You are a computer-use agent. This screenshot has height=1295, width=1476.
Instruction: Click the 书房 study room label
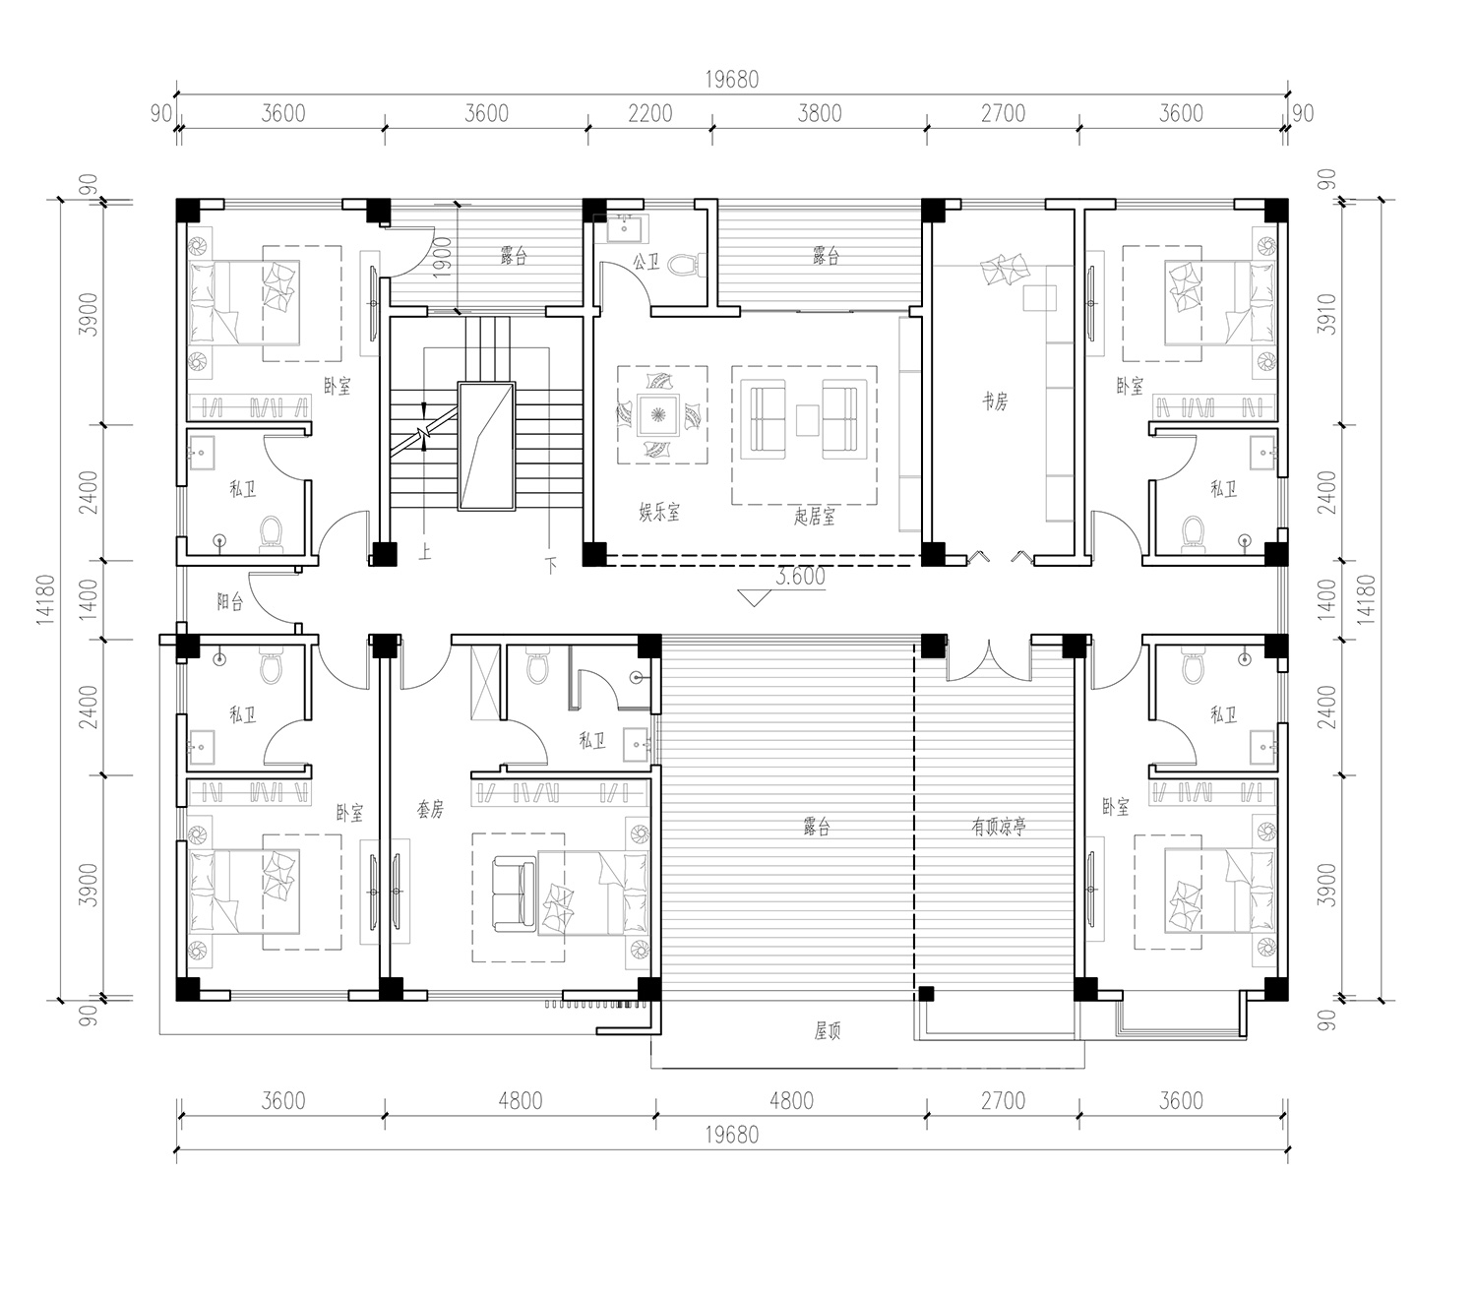coord(995,401)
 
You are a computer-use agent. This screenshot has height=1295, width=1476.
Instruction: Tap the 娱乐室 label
coord(659,513)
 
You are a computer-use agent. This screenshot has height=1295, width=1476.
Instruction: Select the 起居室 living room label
coord(815,517)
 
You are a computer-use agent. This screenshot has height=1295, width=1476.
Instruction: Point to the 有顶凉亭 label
coord(999,827)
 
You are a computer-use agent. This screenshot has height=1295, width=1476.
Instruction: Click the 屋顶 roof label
coord(827,1030)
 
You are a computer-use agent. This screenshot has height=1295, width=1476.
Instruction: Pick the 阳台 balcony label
coord(229,601)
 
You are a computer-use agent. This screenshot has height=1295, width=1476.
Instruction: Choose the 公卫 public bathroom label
coord(646,262)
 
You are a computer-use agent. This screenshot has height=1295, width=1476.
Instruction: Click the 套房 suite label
coord(430,809)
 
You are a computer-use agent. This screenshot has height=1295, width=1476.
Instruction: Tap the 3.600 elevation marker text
coord(800,577)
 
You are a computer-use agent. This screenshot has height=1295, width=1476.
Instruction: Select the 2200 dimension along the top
coord(650,114)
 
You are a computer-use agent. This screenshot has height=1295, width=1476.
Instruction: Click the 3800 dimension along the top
coord(820,114)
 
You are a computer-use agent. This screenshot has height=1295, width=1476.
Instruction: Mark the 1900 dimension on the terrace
coord(442,257)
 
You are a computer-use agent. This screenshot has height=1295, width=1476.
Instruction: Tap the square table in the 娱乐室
coord(658,414)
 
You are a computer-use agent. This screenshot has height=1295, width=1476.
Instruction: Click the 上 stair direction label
coord(425,552)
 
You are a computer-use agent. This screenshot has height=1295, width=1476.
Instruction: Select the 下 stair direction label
coord(551,565)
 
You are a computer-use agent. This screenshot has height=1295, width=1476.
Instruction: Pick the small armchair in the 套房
coord(515,894)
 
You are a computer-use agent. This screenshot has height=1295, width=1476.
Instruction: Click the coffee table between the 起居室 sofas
coord(807,420)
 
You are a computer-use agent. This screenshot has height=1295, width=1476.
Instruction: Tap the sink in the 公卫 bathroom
coord(623,228)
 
